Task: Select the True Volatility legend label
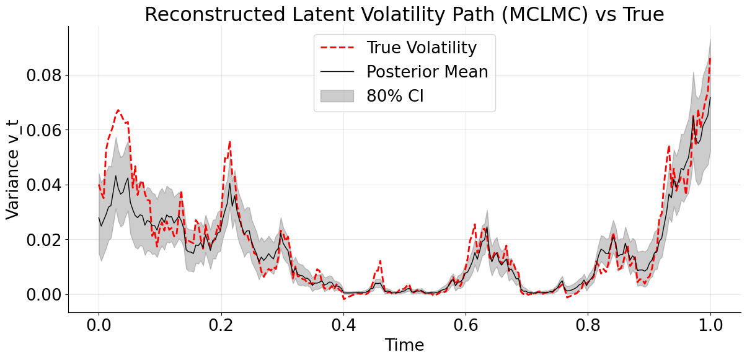(x=422, y=48)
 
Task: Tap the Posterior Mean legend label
(x=427, y=72)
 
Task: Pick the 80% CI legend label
(x=395, y=96)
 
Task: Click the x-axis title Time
(x=404, y=346)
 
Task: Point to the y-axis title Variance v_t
(x=13, y=169)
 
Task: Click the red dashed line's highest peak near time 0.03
(x=118, y=110)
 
